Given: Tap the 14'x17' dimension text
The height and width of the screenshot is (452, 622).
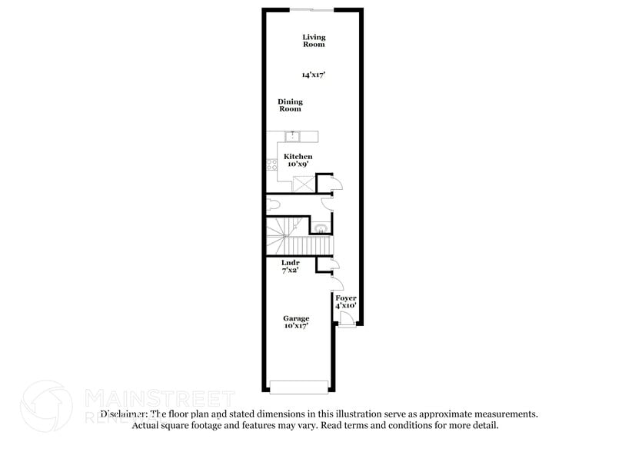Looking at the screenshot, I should click(313, 75).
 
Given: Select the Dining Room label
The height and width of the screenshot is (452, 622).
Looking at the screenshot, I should click(290, 105).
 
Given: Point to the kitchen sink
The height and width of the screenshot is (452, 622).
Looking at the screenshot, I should click(292, 137).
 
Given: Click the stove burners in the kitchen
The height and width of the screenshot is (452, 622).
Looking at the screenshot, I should click(271, 164).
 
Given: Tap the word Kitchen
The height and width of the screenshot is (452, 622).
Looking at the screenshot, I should click(298, 157).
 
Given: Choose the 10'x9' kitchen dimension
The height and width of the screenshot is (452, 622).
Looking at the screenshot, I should click(298, 165).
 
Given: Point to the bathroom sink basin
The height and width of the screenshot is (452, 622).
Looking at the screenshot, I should click(321, 228).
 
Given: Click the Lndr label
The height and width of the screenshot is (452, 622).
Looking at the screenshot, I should click(291, 263).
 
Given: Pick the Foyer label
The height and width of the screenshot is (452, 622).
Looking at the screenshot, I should click(346, 297).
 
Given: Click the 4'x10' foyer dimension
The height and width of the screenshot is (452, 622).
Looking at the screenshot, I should click(346, 305).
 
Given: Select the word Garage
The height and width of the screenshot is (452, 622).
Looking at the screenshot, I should click(296, 318).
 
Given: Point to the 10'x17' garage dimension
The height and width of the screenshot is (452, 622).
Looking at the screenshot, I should click(296, 326).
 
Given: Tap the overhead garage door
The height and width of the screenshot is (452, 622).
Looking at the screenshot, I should click(299, 386).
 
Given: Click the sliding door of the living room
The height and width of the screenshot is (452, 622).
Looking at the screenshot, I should click(311, 9).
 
